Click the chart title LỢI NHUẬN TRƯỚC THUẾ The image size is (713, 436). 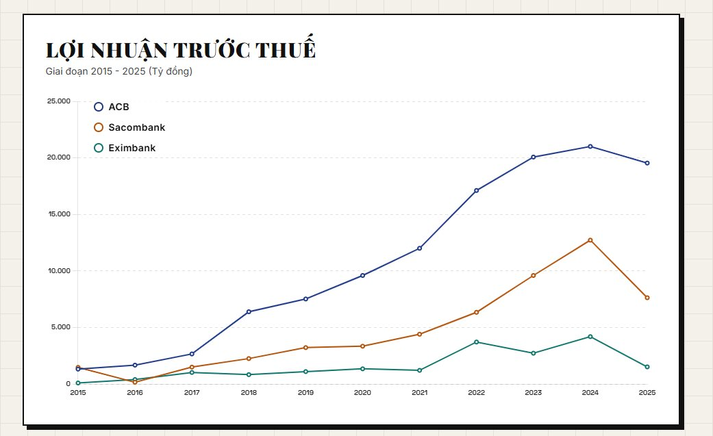coord(180,50)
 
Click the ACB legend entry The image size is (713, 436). coord(118,107)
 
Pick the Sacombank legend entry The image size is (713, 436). coord(136,127)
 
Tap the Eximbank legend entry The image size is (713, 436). coord(132,148)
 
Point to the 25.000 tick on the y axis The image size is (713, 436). coord(58,101)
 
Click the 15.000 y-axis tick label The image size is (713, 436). coord(58,214)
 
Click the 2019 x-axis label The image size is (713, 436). coord(305,393)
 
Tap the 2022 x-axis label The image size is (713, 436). coord(476,393)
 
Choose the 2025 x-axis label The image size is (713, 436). coord(647,393)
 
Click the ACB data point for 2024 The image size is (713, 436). coord(590,146)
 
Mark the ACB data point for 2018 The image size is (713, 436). coord(249,311)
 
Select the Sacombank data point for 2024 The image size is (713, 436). coord(590,240)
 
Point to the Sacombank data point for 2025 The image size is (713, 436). coord(647,298)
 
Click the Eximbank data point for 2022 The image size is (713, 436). coord(476,342)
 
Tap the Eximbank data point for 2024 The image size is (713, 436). coord(590,337)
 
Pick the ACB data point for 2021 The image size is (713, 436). coord(419,248)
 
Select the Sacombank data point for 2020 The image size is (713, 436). coord(362,346)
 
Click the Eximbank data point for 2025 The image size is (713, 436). coord(647,367)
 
